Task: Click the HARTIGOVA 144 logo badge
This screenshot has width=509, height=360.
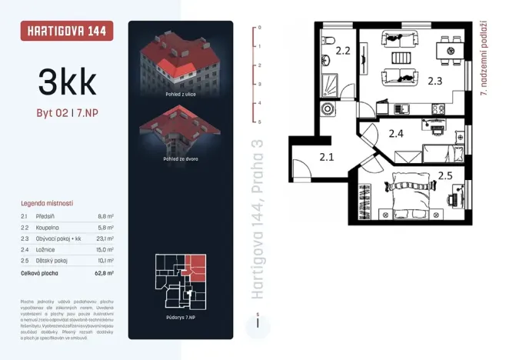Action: click(67, 32)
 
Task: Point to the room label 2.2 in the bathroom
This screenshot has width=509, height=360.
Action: click(343, 52)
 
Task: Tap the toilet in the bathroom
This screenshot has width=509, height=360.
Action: click(328, 40)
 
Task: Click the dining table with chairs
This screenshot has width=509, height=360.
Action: click(448, 50)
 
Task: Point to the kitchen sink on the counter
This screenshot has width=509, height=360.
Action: click(438, 108)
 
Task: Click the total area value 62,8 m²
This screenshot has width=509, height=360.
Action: click(105, 272)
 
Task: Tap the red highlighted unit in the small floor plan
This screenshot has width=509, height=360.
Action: click(197, 265)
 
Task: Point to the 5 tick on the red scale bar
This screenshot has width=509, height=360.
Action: click(260, 122)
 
